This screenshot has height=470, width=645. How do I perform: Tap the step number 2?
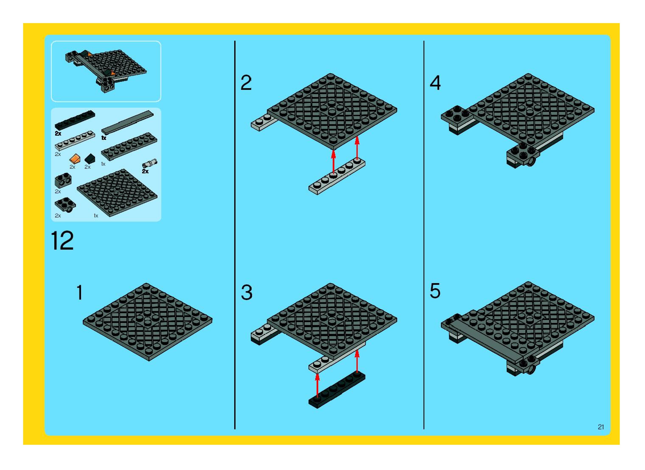(246, 83)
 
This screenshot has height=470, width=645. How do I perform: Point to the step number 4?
(435, 83)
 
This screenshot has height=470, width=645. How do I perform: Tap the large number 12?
(62, 241)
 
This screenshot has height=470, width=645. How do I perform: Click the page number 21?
(601, 435)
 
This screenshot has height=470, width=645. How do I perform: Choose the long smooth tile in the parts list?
(127, 122)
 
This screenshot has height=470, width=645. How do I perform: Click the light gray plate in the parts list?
(75, 140)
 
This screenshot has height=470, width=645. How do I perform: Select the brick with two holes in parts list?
(63, 180)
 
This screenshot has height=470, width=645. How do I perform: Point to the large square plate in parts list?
(117, 193)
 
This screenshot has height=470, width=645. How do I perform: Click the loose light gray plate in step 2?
(337, 176)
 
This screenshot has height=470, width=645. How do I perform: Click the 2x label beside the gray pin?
(145, 171)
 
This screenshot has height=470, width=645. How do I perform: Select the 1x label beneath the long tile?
(104, 138)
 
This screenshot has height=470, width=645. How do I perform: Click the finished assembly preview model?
(106, 71)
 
